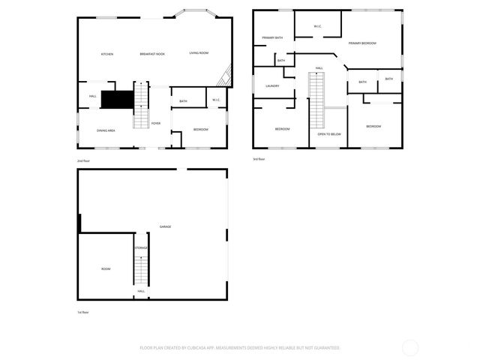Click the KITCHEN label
(x=107, y=54)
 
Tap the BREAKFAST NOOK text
(x=152, y=54)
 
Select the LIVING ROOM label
(x=199, y=53)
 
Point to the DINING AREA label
(x=106, y=130)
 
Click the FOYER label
(x=156, y=124)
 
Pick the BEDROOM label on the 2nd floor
(x=200, y=130)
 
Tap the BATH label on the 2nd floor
(x=183, y=100)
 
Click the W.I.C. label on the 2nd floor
(x=216, y=100)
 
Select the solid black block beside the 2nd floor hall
(x=117, y=99)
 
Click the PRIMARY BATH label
(x=272, y=37)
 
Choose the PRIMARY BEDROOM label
(x=362, y=43)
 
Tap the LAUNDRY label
(x=272, y=86)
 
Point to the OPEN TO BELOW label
(x=329, y=134)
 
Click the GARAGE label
(x=165, y=226)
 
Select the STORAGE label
(x=141, y=248)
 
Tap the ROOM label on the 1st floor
(x=106, y=269)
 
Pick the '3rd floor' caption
(x=259, y=159)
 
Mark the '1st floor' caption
(x=82, y=312)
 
